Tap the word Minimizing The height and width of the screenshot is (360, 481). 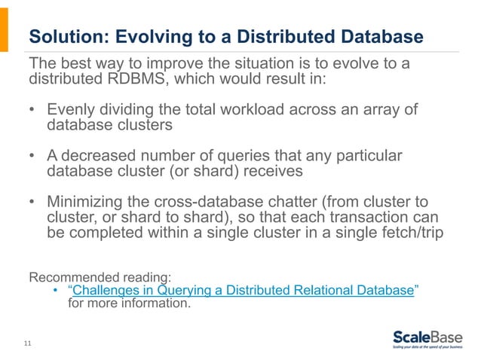coord(84,203)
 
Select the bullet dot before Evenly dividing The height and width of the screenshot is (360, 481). coord(32,111)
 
